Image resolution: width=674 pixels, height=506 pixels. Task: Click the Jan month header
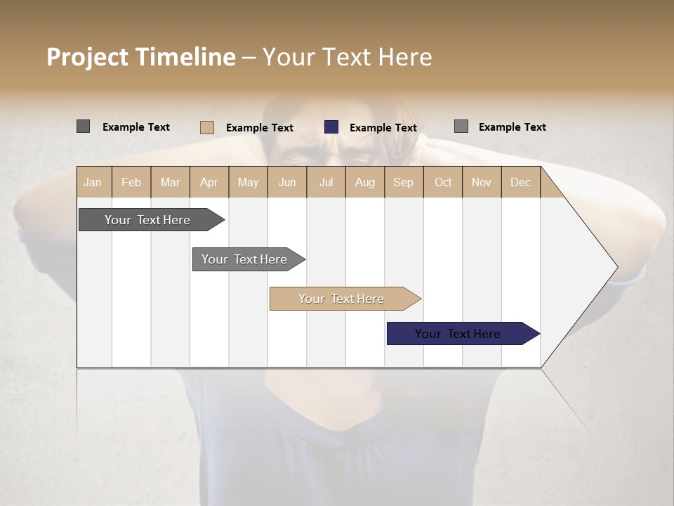tap(93, 182)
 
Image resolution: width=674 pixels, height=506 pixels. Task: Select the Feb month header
tap(131, 182)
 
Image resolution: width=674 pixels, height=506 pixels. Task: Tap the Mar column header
tap(170, 182)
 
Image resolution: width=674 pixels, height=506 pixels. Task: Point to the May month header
tap(248, 182)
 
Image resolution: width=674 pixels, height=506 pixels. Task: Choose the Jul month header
tap(326, 182)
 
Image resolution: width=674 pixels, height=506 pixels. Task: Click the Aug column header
tap(364, 182)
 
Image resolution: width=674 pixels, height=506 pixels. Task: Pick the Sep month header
tap(403, 182)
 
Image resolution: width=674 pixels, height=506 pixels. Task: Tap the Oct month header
tap(443, 182)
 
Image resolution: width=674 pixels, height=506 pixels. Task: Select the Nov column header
tap(481, 182)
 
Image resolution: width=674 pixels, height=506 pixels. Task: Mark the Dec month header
tap(520, 182)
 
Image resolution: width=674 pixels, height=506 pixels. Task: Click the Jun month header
tap(287, 182)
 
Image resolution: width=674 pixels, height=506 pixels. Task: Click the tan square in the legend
tap(206, 127)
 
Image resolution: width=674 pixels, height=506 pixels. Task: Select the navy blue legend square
tap(331, 127)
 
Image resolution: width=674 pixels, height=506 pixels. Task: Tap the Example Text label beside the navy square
tap(383, 128)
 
